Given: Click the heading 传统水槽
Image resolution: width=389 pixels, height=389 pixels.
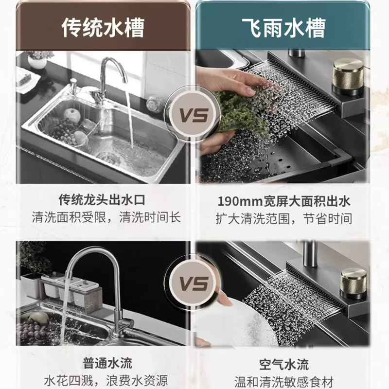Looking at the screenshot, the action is point(103,28).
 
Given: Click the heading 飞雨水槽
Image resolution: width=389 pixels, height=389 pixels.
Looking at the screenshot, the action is point(283,28).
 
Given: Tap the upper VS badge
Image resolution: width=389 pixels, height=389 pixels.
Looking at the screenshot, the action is point(193,115).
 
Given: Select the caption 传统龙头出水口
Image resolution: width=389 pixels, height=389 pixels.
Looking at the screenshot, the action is point(102,200).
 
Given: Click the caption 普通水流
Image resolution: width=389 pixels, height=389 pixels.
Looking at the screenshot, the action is point(107,363).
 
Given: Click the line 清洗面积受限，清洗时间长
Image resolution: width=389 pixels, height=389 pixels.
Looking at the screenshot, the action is point(106,217).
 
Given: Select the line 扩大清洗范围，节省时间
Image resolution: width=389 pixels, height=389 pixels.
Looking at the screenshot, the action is point(283,219).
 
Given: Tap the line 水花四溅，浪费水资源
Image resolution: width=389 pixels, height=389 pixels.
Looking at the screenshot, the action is point(106,381).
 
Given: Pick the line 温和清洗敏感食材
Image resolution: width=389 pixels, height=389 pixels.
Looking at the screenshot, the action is point(284,382).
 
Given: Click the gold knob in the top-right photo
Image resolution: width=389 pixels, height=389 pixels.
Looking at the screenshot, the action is point(348,76).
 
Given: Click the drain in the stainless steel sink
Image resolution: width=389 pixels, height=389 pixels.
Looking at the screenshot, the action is point(108,158).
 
